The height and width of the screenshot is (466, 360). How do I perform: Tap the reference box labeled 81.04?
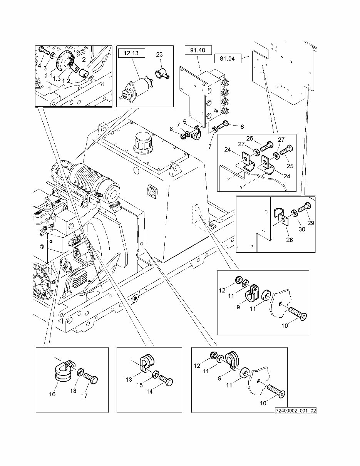(228, 59)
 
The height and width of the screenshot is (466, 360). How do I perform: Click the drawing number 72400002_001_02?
(296, 411)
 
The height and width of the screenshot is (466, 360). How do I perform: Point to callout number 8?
(171, 129)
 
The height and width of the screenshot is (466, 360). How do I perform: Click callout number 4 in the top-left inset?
(39, 66)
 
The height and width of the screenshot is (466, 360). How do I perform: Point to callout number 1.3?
(56, 79)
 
